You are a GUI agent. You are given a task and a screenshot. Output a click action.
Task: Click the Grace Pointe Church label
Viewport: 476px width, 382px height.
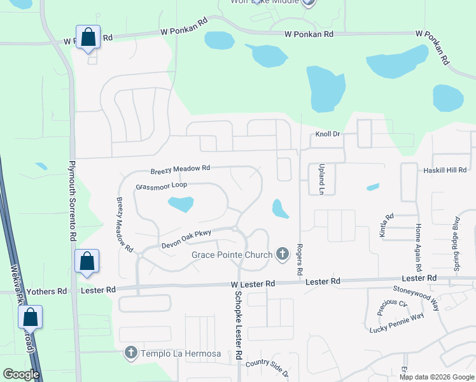tap(231, 255)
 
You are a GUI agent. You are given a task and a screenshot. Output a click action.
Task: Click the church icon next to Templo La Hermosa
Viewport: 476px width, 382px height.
tap(130, 352)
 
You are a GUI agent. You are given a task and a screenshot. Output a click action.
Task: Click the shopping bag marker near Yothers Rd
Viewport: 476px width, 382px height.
tap(87, 261)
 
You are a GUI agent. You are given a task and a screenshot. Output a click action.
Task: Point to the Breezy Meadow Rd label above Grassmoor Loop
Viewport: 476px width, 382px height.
tap(180, 170)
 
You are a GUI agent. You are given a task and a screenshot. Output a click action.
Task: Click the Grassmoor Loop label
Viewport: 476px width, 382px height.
tap(161, 187)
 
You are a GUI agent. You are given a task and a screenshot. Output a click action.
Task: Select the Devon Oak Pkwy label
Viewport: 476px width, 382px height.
tap(186, 233)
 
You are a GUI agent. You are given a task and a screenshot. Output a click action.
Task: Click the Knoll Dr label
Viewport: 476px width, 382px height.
tap(328, 135)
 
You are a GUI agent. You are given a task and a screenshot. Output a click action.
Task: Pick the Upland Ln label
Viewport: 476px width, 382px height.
tap(322, 180)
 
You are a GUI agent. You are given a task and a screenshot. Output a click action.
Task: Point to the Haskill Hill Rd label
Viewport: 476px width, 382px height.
tap(445, 170)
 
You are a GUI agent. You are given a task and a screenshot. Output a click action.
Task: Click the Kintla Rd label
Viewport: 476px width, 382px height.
tap(383, 225)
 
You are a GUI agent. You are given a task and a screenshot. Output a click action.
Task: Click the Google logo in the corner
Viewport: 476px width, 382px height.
tap(20, 375)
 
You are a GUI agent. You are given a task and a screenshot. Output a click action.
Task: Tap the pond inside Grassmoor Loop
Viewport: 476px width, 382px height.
tap(180, 204)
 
